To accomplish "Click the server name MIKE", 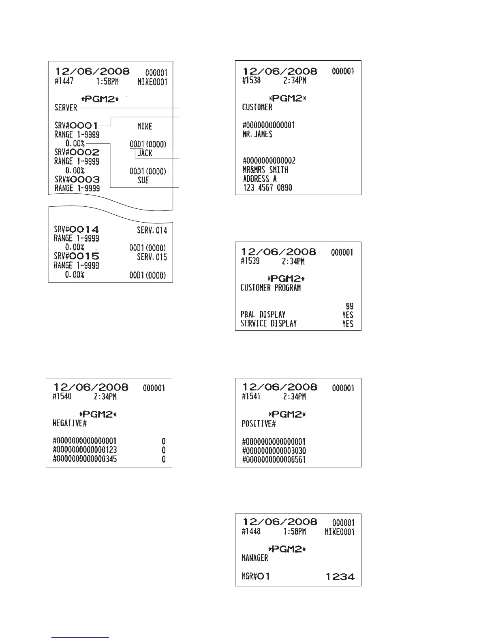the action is click(x=145, y=127).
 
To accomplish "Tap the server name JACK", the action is click(x=145, y=153).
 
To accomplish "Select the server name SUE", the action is click(x=143, y=180).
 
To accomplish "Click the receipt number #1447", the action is click(x=64, y=81).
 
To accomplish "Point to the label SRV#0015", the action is click(x=77, y=257).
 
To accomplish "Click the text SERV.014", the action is click(x=152, y=231).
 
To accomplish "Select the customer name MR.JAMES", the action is click(x=257, y=134).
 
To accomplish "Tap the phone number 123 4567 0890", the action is click(x=267, y=188).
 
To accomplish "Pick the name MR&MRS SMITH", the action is click(x=265, y=170).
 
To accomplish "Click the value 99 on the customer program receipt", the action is click(x=349, y=306).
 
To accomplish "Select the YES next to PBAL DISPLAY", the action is click(x=348, y=315).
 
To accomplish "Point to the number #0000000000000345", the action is click(x=85, y=459).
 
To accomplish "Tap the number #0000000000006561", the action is click(x=274, y=460).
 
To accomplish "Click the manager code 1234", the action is click(x=340, y=577).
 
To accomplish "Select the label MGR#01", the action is click(x=256, y=576).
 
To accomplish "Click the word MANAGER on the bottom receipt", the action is click(x=255, y=558).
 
